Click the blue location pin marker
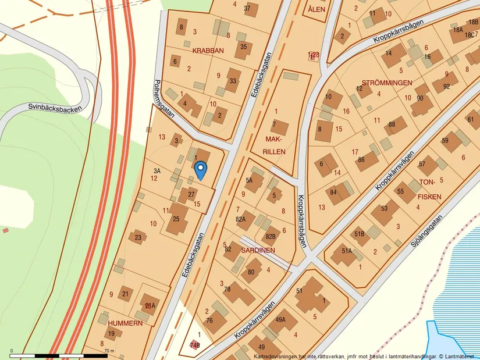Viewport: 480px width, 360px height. [200, 169]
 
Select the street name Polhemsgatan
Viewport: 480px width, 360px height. [165, 98]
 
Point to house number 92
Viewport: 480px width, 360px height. [446, 87]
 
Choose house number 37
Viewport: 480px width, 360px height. [247, 8]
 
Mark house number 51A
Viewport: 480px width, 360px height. [347, 251]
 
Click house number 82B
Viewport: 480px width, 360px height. [270, 236]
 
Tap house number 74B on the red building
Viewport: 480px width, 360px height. [194, 345]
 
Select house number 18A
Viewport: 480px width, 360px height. [458, 30]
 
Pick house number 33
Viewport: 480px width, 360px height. [233, 81]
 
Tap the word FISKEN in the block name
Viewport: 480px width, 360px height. [429, 197]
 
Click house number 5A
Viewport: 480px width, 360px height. [250, 181]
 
